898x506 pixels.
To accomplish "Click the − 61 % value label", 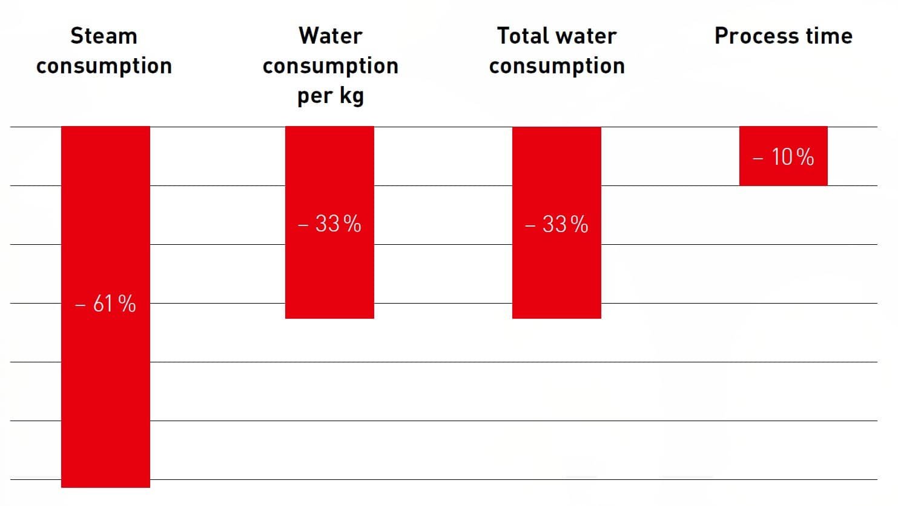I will pyautogui.click(x=105, y=304).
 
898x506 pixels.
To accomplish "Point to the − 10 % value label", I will pyautogui.click(x=783, y=158).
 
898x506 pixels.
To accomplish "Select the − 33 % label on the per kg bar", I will pyautogui.click(x=329, y=224).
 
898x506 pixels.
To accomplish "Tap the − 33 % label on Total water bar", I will pyautogui.click(x=556, y=225).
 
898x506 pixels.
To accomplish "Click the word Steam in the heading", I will pyautogui.click(x=104, y=36).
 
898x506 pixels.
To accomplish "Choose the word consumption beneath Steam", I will pyautogui.click(x=104, y=66).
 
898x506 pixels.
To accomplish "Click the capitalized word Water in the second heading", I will pyautogui.click(x=330, y=36).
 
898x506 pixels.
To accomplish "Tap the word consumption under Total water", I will pyautogui.click(x=556, y=66).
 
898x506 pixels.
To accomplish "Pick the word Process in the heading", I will pyautogui.click(x=756, y=36).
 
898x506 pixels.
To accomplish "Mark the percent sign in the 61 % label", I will pyautogui.click(x=127, y=304).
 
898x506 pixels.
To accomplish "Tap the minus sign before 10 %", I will pyautogui.click(x=758, y=159).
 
